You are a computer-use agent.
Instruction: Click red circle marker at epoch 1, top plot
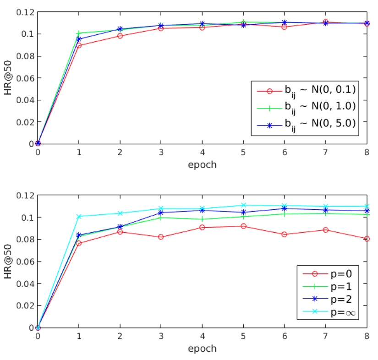click(x=79, y=45)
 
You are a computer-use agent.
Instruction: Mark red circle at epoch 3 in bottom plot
click(x=161, y=237)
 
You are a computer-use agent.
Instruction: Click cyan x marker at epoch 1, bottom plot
click(x=79, y=217)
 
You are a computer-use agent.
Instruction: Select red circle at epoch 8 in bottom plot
click(x=367, y=239)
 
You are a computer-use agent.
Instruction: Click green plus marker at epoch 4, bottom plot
click(x=202, y=219)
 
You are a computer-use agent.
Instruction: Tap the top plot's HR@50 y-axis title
click(x=8, y=77)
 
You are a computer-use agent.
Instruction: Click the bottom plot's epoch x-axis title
click(x=202, y=349)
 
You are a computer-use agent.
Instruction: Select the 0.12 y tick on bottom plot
click(x=25, y=195)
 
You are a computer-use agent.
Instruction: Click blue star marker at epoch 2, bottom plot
click(x=120, y=227)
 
